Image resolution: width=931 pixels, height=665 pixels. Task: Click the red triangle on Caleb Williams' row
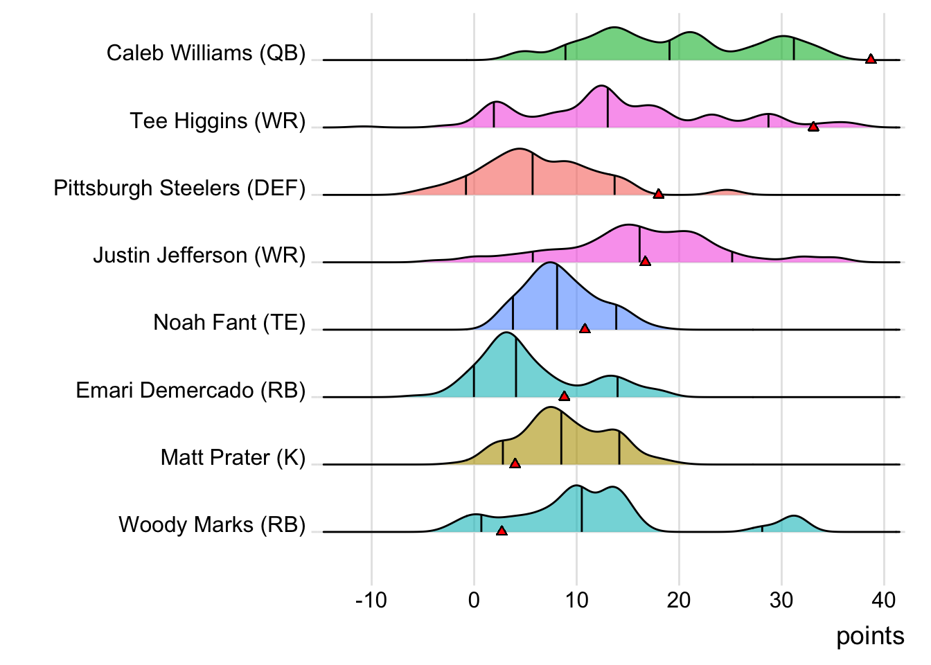tap(871, 59)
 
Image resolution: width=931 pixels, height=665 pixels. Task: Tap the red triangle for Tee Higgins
tap(813, 126)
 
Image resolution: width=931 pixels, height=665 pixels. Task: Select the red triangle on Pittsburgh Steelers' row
tap(659, 194)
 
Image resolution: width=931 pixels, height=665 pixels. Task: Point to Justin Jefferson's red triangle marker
tap(645, 261)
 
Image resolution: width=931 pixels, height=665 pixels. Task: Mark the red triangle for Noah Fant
tap(585, 328)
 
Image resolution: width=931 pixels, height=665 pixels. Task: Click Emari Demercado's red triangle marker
tap(564, 396)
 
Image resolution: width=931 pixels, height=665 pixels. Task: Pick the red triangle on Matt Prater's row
tap(515, 463)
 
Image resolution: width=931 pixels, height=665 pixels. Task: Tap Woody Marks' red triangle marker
tap(502, 531)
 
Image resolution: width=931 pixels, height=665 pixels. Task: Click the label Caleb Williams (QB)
tap(206, 53)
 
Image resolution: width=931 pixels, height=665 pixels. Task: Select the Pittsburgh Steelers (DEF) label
tap(179, 188)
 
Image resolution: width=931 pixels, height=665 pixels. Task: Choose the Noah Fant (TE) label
tap(229, 323)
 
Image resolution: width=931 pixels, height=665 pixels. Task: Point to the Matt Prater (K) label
tap(233, 458)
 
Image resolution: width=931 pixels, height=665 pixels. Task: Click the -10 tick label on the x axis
tap(371, 600)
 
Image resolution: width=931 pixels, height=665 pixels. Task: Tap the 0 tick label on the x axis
tap(474, 600)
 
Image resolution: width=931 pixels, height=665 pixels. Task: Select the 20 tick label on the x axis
tap(679, 600)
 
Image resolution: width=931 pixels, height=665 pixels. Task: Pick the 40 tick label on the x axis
tap(884, 600)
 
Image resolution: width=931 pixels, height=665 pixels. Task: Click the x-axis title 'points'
tap(870, 636)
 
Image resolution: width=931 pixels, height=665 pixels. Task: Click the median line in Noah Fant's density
tap(557, 298)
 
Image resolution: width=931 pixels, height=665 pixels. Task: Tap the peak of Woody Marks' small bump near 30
tap(793, 517)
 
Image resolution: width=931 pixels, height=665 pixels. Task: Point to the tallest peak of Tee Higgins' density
tap(601, 86)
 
